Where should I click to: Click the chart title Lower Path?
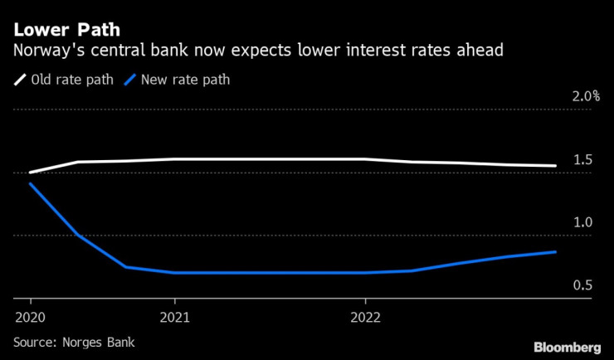click(x=66, y=30)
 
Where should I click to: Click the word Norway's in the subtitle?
click(x=46, y=51)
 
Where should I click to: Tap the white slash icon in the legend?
click(x=20, y=80)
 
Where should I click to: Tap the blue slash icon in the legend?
click(x=129, y=80)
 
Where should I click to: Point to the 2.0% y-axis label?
click(x=586, y=96)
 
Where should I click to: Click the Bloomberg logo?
click(x=567, y=346)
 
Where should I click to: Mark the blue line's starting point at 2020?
click(x=31, y=183)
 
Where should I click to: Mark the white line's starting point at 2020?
click(x=31, y=173)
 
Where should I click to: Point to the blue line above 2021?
click(x=175, y=272)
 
